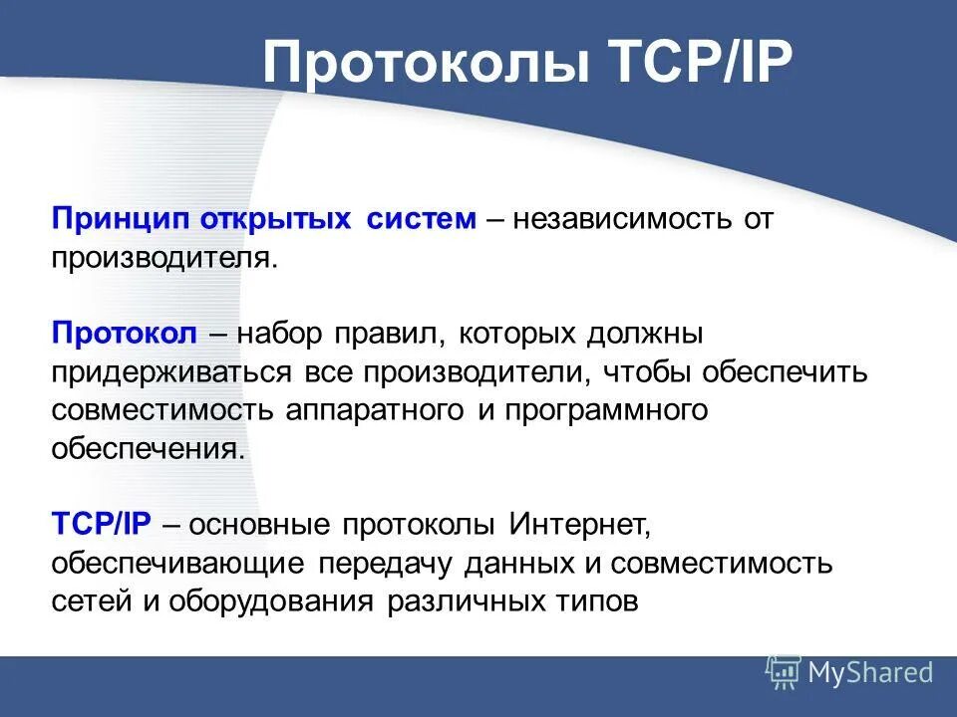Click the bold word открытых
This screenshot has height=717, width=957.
[276, 219]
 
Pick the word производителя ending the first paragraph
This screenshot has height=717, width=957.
[159, 258]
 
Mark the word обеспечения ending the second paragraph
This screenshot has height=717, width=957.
[148, 449]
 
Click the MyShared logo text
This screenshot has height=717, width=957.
[870, 673]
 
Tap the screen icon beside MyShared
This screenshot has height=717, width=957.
[783, 673]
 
